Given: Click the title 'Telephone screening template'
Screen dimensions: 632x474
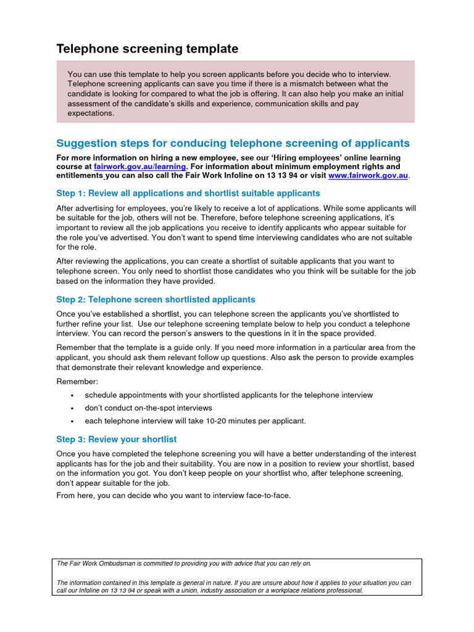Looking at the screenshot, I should (147, 49).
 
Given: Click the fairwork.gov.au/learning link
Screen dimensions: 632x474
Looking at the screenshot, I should (139, 167).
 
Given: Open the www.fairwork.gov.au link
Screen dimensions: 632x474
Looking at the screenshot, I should (368, 176).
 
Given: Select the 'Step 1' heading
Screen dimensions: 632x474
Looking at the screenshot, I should (188, 193).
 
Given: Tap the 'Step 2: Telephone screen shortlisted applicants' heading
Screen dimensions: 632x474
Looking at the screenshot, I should (156, 299).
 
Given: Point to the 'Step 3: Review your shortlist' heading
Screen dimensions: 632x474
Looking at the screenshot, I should (116, 439).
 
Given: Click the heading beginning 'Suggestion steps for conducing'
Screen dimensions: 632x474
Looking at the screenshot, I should (233, 143).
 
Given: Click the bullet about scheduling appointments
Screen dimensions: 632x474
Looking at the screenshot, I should (228, 395).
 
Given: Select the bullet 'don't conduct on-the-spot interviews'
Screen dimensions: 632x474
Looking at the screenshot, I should (148, 408).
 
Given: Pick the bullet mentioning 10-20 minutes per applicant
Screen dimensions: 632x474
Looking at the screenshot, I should (195, 421).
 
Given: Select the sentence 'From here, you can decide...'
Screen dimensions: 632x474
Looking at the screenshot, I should (173, 496).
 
